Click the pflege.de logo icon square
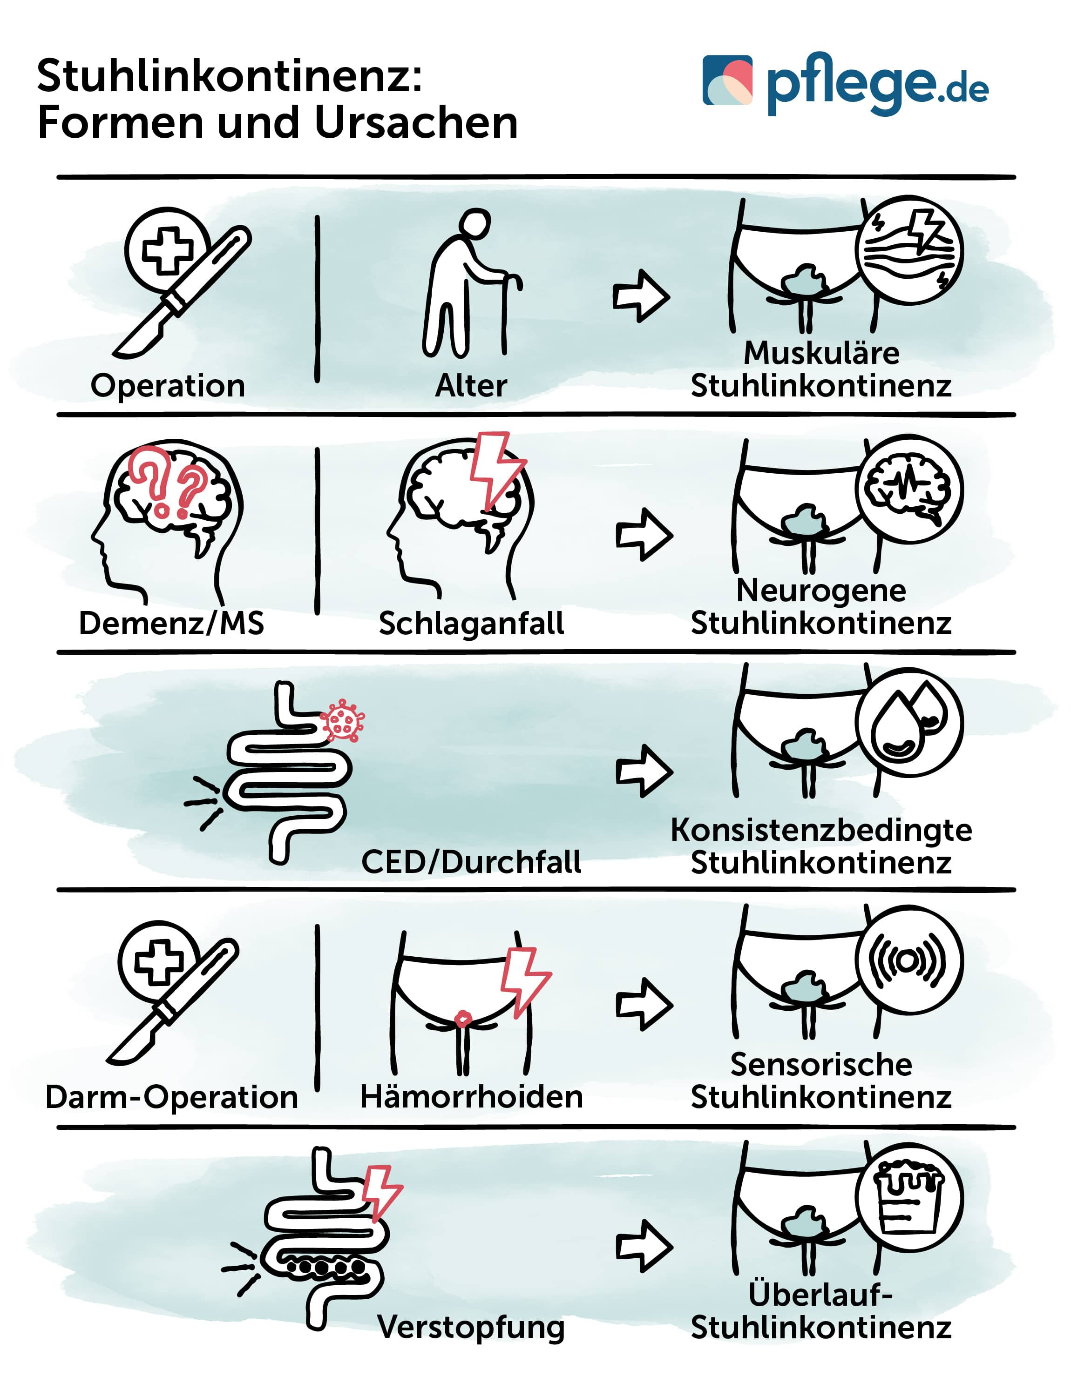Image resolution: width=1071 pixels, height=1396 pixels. [x=727, y=81]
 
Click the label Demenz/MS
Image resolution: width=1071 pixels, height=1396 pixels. [x=171, y=623]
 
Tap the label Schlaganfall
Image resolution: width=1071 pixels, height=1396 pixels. [x=471, y=623]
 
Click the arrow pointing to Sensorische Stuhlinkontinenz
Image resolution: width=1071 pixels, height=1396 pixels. [x=644, y=1005]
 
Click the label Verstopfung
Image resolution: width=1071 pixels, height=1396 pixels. [x=471, y=1327]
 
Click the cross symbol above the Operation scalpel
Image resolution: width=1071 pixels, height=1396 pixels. [x=167, y=250]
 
